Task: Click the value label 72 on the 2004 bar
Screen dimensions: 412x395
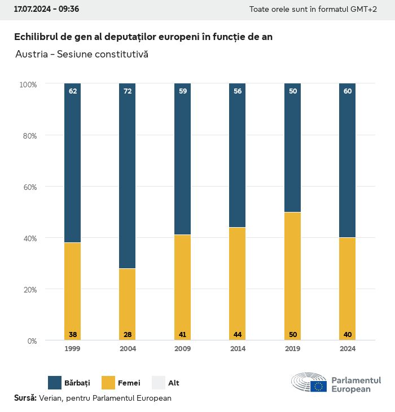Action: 128,91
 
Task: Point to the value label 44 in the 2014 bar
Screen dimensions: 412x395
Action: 238,335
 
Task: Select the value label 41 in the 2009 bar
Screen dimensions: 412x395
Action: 182,335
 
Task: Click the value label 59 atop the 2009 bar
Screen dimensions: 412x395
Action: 182,91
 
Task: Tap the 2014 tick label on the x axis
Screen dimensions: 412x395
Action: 238,349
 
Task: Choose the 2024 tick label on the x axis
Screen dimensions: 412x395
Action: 348,349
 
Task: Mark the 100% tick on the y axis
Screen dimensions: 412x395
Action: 28,85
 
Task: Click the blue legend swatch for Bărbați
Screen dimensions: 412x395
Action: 55,383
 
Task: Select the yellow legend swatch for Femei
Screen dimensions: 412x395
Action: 108,383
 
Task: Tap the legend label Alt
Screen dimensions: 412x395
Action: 174,383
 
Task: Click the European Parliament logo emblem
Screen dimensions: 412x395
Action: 309,383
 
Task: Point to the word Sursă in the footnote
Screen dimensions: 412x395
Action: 25,398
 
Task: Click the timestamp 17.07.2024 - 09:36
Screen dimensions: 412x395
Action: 46,10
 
